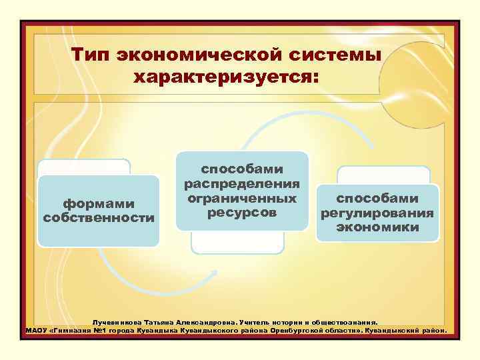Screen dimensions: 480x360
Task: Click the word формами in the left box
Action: click(x=99, y=203)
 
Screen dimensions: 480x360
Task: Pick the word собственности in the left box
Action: click(x=99, y=218)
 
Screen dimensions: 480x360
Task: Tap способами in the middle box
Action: click(x=242, y=169)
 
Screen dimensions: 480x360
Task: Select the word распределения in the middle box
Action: click(x=242, y=183)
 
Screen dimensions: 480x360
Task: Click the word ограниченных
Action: click(x=242, y=198)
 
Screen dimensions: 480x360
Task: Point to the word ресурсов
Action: click(x=242, y=213)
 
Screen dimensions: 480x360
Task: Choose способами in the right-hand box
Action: click(x=377, y=199)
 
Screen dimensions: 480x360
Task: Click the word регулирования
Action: click(x=377, y=213)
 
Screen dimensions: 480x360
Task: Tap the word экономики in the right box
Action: click(x=377, y=227)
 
